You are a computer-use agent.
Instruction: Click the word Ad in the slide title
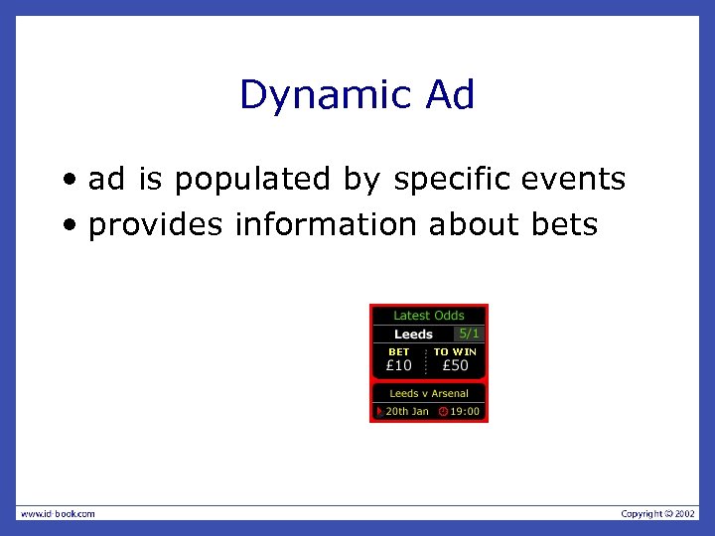tap(450, 95)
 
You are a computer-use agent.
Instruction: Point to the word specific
tap(453, 180)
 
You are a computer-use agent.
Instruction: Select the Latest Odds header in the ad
tap(429, 316)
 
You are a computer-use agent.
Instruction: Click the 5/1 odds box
tap(469, 334)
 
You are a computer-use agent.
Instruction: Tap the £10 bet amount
tap(399, 365)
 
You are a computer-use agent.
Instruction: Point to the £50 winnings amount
tap(455, 365)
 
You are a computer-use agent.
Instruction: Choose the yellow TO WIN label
tap(455, 351)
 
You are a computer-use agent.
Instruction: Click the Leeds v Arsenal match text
tap(429, 394)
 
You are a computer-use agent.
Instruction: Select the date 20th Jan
tap(407, 411)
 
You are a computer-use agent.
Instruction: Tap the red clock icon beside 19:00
tap(443, 411)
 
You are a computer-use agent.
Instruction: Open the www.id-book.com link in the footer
tap(58, 513)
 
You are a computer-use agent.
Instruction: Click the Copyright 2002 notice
tap(658, 513)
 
